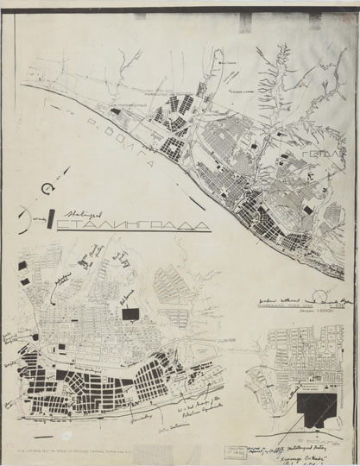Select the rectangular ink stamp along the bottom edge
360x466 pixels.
[x=233, y=450]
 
